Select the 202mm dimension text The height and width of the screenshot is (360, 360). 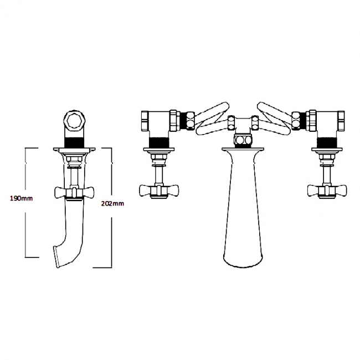113,203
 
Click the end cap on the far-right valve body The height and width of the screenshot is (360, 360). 342,118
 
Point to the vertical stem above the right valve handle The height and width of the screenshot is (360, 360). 326,174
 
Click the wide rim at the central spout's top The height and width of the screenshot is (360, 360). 242,148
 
